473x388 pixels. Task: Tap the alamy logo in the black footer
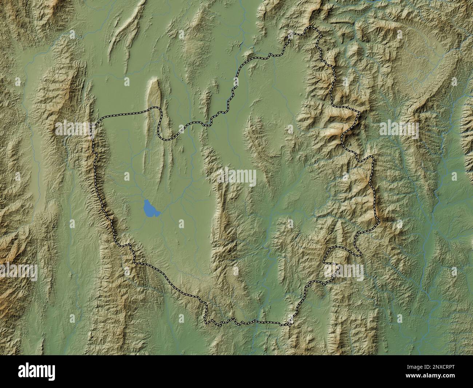(37, 371)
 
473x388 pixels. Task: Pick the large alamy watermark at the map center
(237, 177)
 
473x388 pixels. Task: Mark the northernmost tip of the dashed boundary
(310, 26)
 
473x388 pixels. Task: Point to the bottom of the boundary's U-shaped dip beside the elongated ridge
(166, 139)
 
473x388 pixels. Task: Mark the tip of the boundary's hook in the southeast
(324, 262)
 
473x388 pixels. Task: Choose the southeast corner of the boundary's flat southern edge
(290, 324)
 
